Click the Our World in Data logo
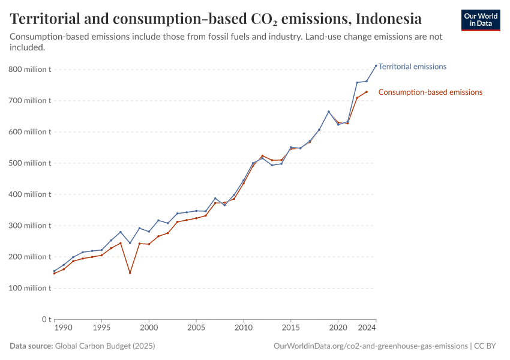point(480,20)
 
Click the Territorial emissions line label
point(413,67)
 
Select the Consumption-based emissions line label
point(430,92)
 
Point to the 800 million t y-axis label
point(30,70)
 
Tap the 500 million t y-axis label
point(30,163)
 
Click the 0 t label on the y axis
point(45,319)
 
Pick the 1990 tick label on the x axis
point(64,329)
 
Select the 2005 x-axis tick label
point(196,329)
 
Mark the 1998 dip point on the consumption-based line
point(130,273)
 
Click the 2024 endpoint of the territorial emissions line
point(376,65)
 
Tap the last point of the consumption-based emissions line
point(367,92)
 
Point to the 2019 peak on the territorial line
point(329,112)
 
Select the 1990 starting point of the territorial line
point(54,271)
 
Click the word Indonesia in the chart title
point(388,19)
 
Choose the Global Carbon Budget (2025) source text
point(104,346)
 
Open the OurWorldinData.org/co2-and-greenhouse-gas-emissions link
point(370,346)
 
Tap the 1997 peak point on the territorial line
point(121,232)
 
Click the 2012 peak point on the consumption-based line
point(262,156)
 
